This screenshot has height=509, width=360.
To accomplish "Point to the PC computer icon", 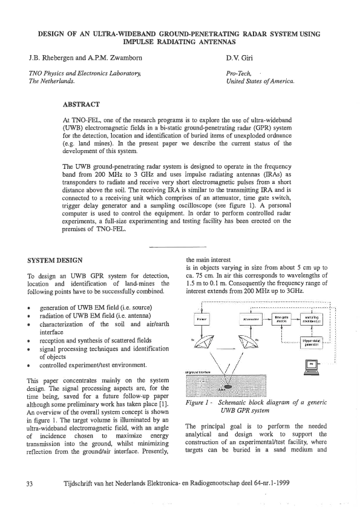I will coord(312,365).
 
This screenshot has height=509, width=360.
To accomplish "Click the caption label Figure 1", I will coord(201,403).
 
